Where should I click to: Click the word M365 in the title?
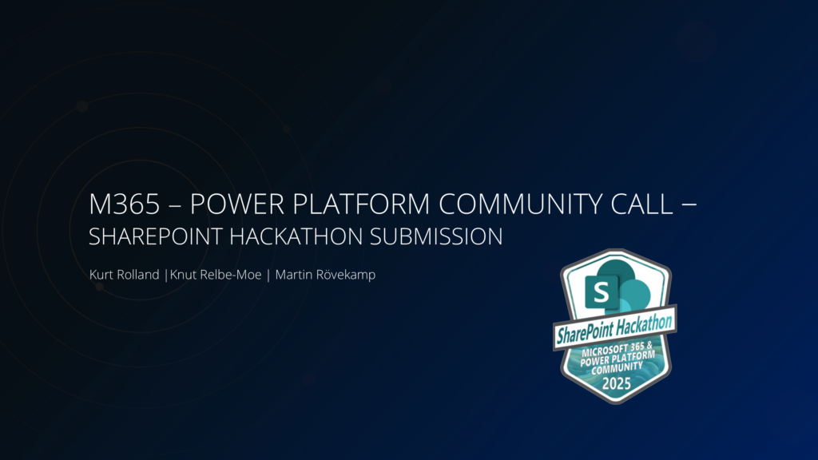click(124, 204)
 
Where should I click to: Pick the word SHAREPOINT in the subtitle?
click(156, 236)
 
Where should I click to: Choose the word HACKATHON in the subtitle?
click(296, 236)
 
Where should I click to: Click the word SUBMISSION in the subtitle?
click(436, 236)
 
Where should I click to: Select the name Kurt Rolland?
click(124, 275)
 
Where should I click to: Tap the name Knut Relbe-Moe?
click(216, 275)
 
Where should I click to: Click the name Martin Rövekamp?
click(325, 275)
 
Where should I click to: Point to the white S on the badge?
click(601, 292)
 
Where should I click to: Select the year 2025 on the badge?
click(617, 384)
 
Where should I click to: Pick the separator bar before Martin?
click(268, 275)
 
